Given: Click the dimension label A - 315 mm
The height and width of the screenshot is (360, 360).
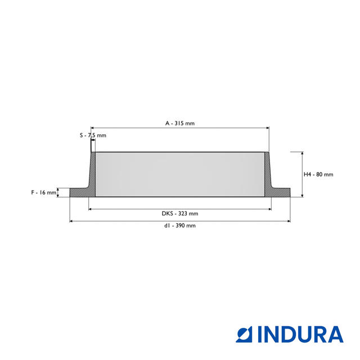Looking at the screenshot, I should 179,123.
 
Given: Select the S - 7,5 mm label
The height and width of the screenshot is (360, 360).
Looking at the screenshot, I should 92,136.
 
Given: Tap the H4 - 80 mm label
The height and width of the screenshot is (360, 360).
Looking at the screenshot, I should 318,174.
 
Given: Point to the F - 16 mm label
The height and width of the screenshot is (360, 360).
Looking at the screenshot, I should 43,192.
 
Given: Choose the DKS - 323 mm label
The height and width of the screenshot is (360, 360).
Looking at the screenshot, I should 179,214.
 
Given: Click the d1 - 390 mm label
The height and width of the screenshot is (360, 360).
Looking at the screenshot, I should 179,226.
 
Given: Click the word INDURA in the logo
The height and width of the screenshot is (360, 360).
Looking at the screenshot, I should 300,334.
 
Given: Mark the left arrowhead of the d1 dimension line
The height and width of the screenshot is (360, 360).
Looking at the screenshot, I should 71,221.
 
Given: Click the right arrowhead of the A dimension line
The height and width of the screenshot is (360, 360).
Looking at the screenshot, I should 267,128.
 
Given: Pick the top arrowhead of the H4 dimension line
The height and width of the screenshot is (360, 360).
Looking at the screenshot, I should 303,154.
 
